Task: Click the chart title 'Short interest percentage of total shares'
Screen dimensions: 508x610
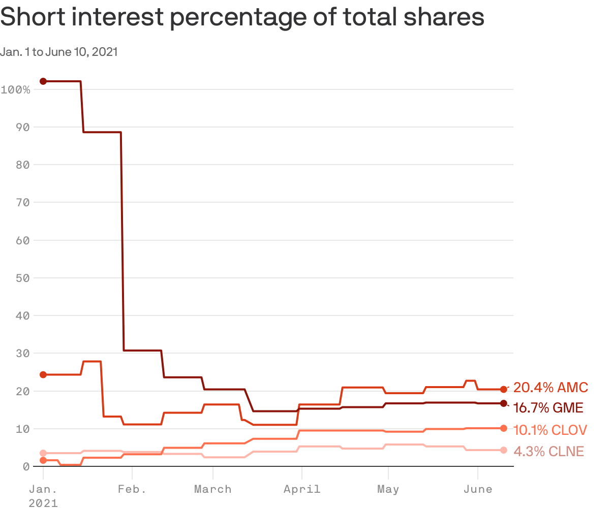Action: pos(242,18)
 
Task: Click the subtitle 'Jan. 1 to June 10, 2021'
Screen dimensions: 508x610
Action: pos(59,52)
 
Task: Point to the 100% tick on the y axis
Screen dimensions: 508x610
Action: pos(16,90)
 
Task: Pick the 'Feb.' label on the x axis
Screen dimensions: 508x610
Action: pos(132,489)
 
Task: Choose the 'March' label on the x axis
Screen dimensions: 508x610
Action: pos(212,489)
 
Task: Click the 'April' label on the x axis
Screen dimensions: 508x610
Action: pos(302,489)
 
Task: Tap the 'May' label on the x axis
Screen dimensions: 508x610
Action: pos(388,489)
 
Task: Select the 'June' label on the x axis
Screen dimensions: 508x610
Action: pos(478,489)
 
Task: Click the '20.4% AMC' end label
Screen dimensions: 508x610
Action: pos(551,388)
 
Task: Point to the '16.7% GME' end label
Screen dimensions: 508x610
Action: pos(548,408)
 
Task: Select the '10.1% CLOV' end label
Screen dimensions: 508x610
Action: pos(550,430)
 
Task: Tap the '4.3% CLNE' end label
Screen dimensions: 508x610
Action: pos(548,452)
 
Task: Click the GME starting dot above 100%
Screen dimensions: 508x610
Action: pos(43,81)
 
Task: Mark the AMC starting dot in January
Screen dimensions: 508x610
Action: pos(43,374)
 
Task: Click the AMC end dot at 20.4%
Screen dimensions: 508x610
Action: pos(503,389)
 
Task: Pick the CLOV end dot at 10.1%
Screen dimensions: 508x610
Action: pos(503,428)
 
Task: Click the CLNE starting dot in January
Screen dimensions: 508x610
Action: pos(43,453)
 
